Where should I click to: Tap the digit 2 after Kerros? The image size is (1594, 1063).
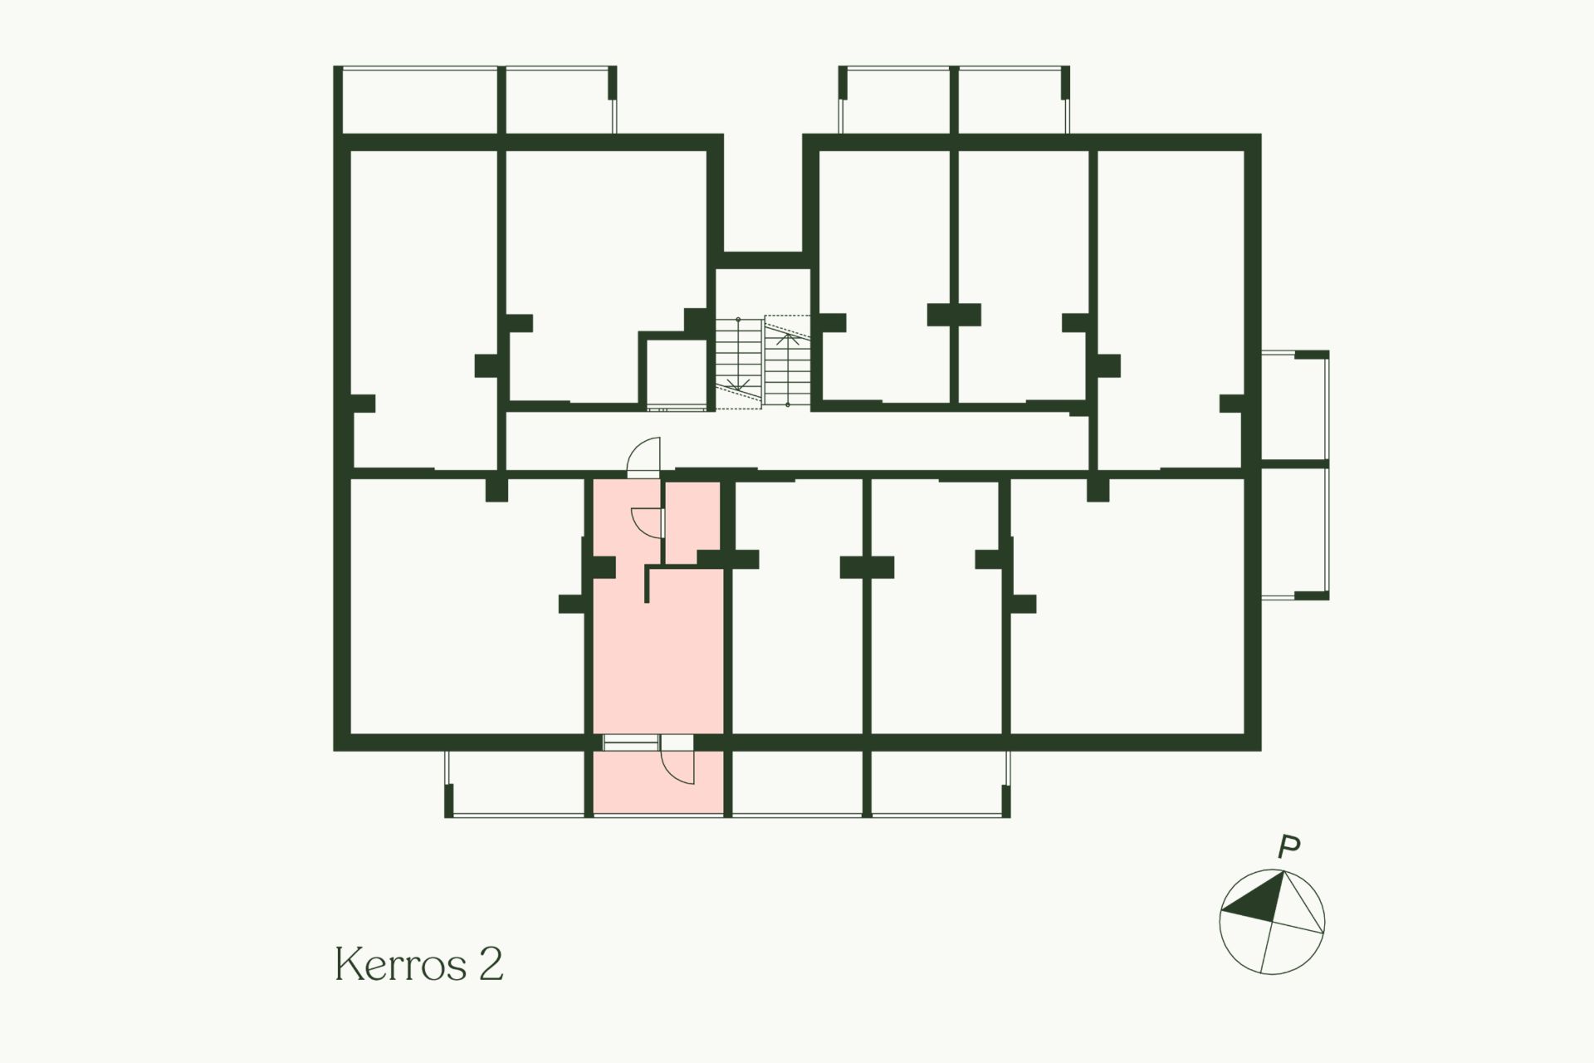coord(491,964)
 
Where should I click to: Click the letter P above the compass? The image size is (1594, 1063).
coord(1288,848)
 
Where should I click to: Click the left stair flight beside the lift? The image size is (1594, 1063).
coord(738,363)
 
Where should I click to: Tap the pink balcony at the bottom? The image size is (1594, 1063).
coord(658,783)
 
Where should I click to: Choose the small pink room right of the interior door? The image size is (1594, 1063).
coord(693,522)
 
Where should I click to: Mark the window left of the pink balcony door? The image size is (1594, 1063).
coord(630,743)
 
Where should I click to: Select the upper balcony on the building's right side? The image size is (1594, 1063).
coord(1293,405)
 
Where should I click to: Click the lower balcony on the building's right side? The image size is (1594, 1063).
coord(1293,532)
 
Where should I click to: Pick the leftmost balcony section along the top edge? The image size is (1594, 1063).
coord(419,100)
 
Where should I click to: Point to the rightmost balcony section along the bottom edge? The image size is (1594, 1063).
coord(938,784)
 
